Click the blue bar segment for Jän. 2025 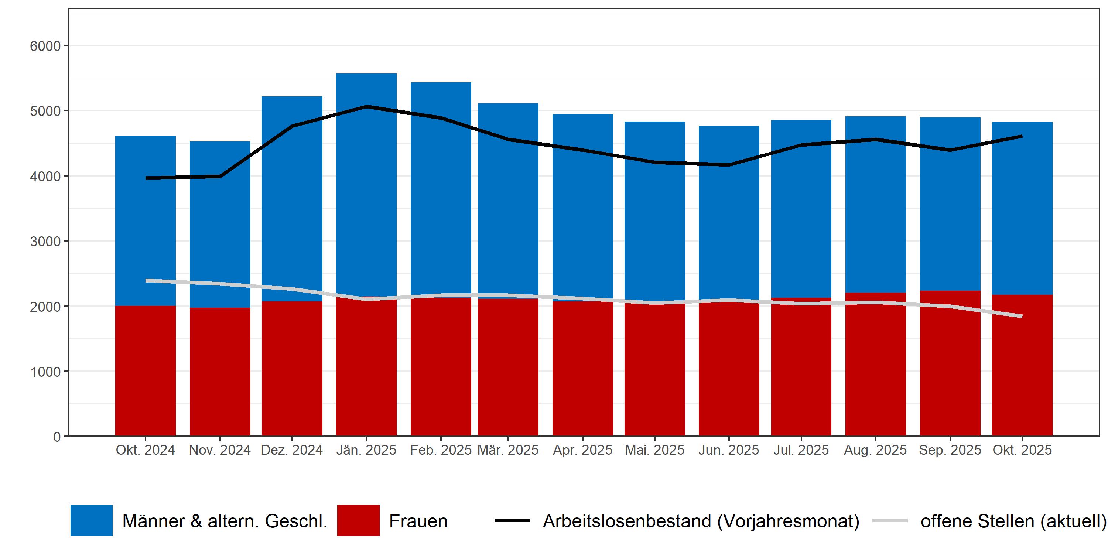366,185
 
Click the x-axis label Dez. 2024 292,450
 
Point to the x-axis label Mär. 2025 508,450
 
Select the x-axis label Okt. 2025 1022,450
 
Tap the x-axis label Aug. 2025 875,450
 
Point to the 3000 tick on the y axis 45,241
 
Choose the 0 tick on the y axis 57,437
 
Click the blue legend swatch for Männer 92,520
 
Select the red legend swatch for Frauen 358,520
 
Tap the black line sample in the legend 512,520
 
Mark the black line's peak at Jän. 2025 366,106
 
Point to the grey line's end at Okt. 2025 1022,316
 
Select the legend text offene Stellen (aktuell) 1013,521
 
